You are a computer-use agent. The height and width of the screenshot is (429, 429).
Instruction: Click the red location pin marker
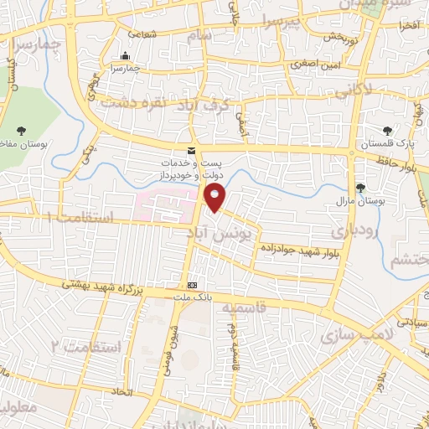coord(215,198)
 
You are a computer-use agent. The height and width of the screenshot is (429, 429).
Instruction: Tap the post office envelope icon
coord(192,150)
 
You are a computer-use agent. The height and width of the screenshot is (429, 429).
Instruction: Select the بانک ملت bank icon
coord(193,285)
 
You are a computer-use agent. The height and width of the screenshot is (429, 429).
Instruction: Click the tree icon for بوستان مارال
coord(361,188)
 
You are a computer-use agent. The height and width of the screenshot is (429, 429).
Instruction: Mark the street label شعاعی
coord(142,34)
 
